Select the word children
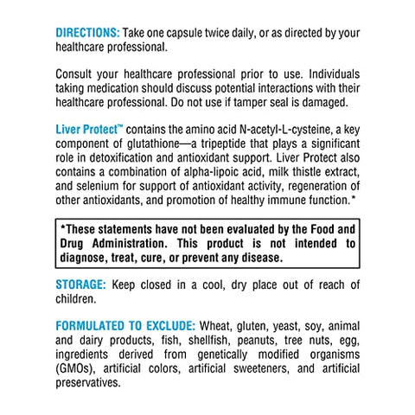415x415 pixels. (77, 299)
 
